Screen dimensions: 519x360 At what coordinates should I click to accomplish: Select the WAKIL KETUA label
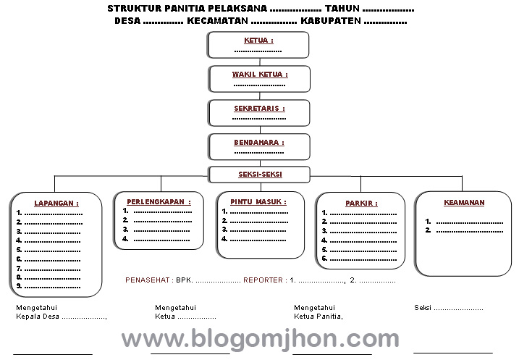(x=259, y=74)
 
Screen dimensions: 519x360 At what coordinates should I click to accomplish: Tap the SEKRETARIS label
(x=259, y=109)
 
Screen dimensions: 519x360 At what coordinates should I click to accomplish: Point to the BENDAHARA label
(x=258, y=143)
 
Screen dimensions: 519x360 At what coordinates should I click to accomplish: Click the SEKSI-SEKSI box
(x=259, y=175)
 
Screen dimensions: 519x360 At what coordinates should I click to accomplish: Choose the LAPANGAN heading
(x=56, y=204)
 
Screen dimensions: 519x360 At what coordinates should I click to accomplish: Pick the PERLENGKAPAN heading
(x=159, y=201)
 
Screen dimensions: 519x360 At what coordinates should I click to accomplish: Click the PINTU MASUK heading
(x=258, y=201)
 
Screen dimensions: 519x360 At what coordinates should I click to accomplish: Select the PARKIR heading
(x=360, y=204)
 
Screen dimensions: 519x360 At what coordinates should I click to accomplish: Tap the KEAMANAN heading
(x=464, y=203)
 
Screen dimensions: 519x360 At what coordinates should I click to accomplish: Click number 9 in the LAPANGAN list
(x=19, y=285)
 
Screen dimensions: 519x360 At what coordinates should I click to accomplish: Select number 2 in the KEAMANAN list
(x=429, y=230)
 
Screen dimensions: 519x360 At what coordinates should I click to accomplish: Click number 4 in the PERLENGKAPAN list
(x=125, y=238)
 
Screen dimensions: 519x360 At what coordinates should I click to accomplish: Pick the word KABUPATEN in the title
(x=331, y=21)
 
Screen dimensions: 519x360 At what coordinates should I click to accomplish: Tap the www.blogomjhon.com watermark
(x=260, y=338)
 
